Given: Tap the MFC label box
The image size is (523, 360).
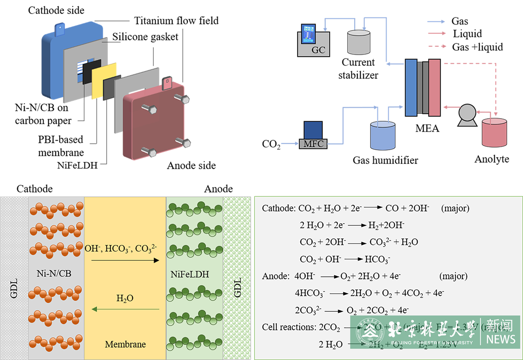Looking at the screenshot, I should (313, 143).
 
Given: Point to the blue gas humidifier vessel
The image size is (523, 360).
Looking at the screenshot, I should (383, 135).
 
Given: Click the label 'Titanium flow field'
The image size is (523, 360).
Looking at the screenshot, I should (177, 20).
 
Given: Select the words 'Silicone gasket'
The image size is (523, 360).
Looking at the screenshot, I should (145, 37).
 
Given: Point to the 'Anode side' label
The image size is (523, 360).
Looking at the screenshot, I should (191, 166).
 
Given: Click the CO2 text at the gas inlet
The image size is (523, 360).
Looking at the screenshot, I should (271, 144).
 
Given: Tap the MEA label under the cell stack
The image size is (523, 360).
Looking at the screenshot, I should (427, 129).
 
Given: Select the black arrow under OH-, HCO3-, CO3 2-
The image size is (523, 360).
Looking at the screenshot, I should (125, 261).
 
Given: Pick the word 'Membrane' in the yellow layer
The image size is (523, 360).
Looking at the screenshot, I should (125, 344).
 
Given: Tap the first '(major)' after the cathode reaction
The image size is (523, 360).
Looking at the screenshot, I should (455, 208).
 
